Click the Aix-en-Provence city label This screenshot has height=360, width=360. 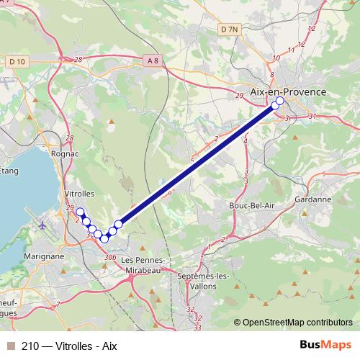point(287,92)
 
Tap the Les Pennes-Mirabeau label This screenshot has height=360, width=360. point(145,264)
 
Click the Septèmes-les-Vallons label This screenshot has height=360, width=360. point(203,280)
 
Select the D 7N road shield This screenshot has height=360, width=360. point(228,29)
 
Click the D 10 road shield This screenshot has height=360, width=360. point(17,61)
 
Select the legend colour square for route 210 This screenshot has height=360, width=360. point(10,346)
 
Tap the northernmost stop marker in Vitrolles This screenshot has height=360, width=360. point(81,212)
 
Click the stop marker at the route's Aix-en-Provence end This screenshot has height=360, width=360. point(280,102)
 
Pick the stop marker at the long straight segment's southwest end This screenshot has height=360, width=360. point(118,224)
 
